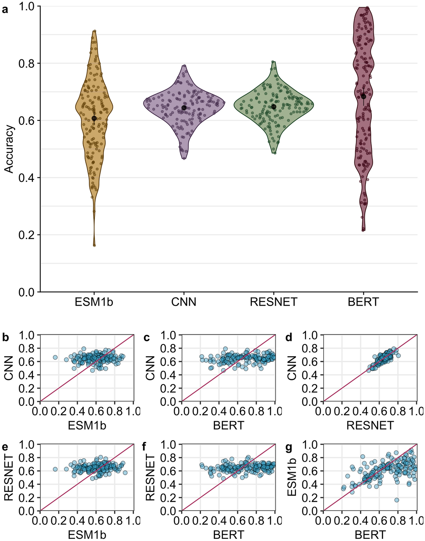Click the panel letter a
pos(5,9)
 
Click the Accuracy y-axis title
pos(9,149)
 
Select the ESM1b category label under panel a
pos(94,302)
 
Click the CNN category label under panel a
pos(184,302)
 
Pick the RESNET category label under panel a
pos(274,302)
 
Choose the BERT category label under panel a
pos(363,302)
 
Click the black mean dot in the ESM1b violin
pos(94,118)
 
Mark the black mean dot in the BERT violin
pos(363,96)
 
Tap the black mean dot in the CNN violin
pos(184,108)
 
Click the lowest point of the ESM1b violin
pos(95,245)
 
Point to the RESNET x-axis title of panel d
pos(370,425)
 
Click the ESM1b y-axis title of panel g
pos(292,477)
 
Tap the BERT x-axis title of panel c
pos(228,425)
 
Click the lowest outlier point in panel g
pos(397,500)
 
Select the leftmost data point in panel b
pos(55,357)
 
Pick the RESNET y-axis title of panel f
pos(151,477)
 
